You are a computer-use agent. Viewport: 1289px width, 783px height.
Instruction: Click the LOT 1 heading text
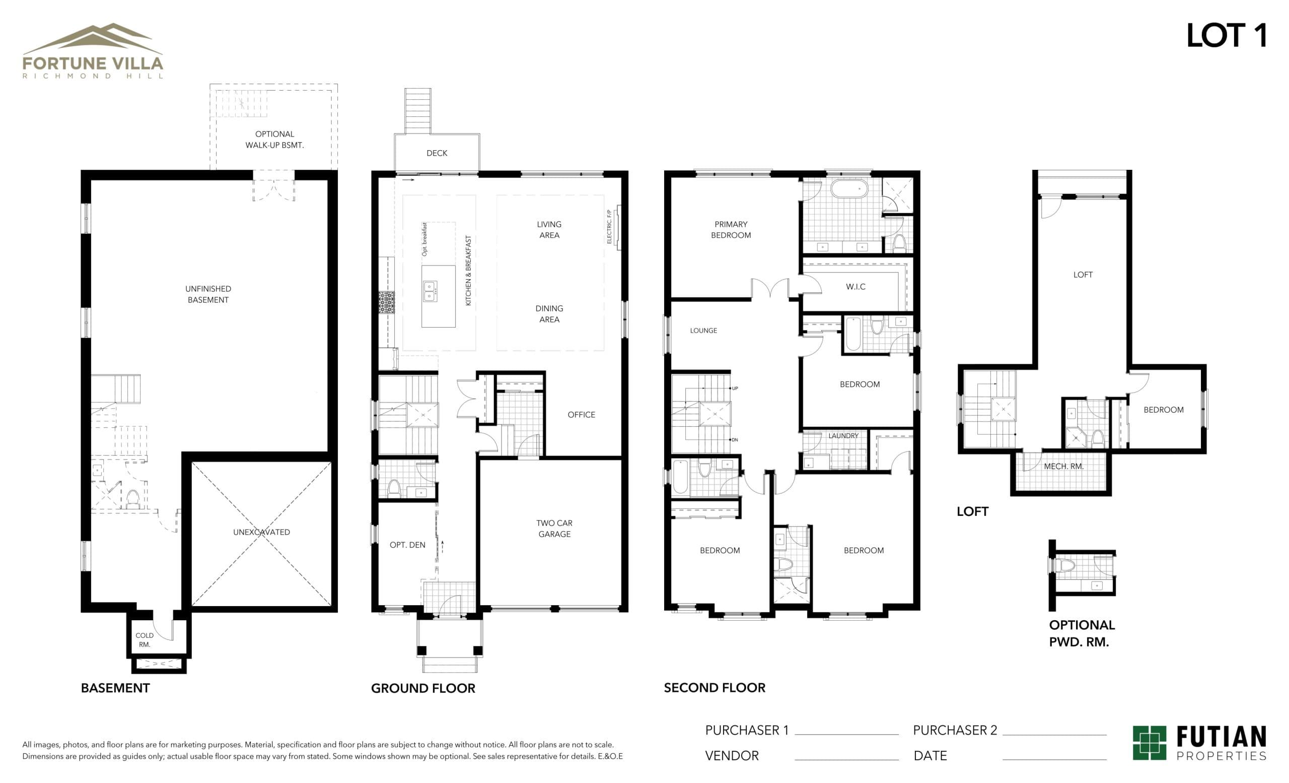tap(1226, 36)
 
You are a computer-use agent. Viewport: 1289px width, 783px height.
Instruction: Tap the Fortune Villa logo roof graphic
tap(93, 39)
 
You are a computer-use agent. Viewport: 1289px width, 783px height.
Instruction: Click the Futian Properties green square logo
tap(1150, 742)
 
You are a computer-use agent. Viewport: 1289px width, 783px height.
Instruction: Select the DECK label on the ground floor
tap(437, 153)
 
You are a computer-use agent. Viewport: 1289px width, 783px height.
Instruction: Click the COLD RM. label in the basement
tap(145, 639)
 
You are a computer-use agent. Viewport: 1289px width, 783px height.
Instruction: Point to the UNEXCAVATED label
tap(261, 532)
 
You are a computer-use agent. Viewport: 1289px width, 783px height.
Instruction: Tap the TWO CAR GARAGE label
tap(554, 529)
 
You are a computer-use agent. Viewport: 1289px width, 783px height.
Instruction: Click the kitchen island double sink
tap(429, 292)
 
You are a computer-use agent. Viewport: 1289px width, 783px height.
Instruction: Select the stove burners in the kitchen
tap(386, 302)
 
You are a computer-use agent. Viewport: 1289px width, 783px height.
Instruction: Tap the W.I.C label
tap(855, 287)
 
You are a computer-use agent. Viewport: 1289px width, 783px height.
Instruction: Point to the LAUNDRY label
tap(843, 436)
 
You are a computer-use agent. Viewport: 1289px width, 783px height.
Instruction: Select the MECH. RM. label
tap(1063, 467)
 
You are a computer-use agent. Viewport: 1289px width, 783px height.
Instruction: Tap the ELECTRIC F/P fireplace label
tap(609, 227)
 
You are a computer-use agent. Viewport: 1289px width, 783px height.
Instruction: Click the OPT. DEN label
tap(407, 545)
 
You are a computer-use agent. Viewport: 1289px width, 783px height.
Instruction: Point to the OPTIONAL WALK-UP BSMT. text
tap(274, 140)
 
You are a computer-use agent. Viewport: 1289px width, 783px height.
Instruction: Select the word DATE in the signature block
tap(930, 756)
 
